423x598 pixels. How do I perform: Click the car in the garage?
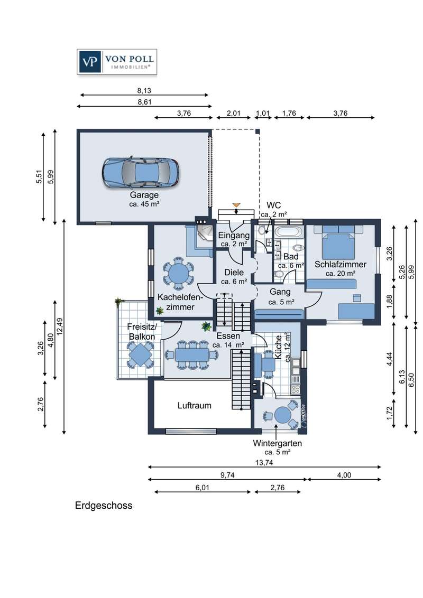[x=140, y=172]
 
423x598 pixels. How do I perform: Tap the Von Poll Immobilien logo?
[x=117, y=61]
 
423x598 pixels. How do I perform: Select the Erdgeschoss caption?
[x=104, y=506]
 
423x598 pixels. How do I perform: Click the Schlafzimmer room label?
[x=340, y=264]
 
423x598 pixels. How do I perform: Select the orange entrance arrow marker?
[x=236, y=206]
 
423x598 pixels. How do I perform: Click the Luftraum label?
[x=195, y=405]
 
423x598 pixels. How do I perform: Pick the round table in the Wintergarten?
[x=283, y=415]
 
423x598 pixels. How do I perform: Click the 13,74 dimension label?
[x=264, y=463]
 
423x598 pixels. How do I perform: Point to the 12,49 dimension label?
[x=60, y=326]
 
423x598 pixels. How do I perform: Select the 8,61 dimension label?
[x=144, y=102]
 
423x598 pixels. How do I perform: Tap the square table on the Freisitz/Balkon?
[x=140, y=354]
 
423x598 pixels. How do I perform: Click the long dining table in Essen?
[x=192, y=355]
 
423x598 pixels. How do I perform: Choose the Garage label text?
[x=144, y=195]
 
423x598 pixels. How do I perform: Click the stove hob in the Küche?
[x=295, y=389]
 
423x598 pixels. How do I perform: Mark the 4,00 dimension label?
[x=344, y=475]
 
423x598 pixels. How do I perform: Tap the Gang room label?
[x=280, y=292]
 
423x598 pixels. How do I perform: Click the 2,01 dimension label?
[x=234, y=113]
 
